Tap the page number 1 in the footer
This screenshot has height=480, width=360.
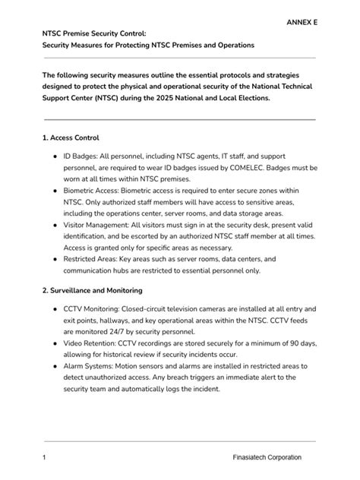point(45,458)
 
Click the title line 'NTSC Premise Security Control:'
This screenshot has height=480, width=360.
point(99,34)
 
